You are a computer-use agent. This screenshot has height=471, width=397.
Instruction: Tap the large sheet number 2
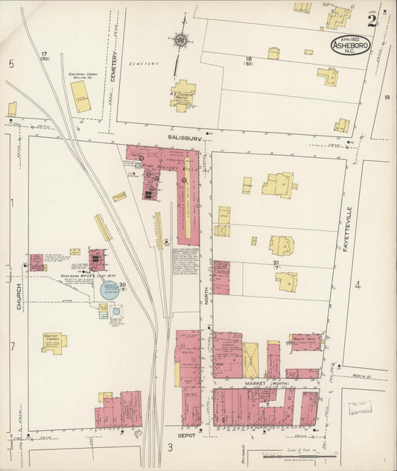coord(372,20)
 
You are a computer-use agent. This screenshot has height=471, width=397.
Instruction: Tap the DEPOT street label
coord(185,436)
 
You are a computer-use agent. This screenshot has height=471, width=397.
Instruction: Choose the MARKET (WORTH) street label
coord(267,384)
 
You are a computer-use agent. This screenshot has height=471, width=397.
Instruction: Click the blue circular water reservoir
coord(109,290)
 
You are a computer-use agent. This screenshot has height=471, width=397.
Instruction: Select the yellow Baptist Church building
coord(54,342)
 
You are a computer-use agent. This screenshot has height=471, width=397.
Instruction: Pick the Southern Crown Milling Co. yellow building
coord(80,96)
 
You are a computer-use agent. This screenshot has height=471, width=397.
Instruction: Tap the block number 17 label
coord(45,55)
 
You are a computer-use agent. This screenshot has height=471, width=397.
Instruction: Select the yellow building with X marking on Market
coord(251,361)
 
